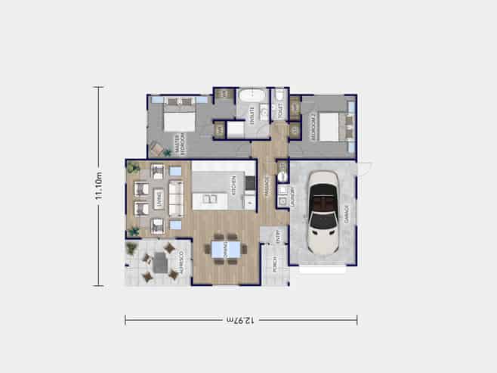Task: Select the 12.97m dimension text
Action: click(240, 320)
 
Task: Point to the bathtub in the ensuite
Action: click(249, 96)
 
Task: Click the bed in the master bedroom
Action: click(179, 120)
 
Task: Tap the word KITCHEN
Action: click(234, 184)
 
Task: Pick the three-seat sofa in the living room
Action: click(175, 198)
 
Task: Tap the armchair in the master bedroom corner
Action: click(156, 148)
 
